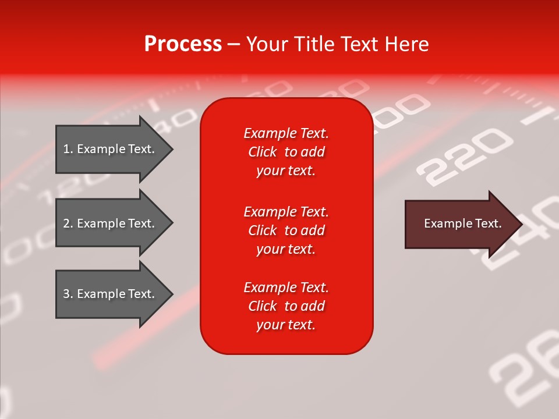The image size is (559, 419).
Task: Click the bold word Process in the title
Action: tap(183, 44)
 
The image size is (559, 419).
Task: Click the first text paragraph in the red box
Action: tap(286, 152)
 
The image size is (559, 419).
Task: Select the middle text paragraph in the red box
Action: tap(286, 230)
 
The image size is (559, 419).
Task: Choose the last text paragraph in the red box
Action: tap(286, 306)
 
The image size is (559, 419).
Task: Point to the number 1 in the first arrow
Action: tap(66, 149)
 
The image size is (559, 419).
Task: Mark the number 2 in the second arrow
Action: tap(66, 223)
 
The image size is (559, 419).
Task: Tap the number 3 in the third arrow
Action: tap(66, 294)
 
